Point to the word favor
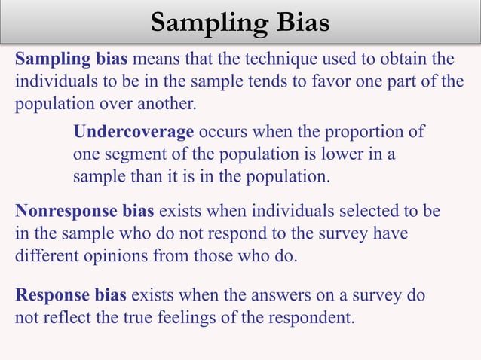(x=304, y=81)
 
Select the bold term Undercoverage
(x=133, y=131)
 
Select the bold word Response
(x=47, y=294)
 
